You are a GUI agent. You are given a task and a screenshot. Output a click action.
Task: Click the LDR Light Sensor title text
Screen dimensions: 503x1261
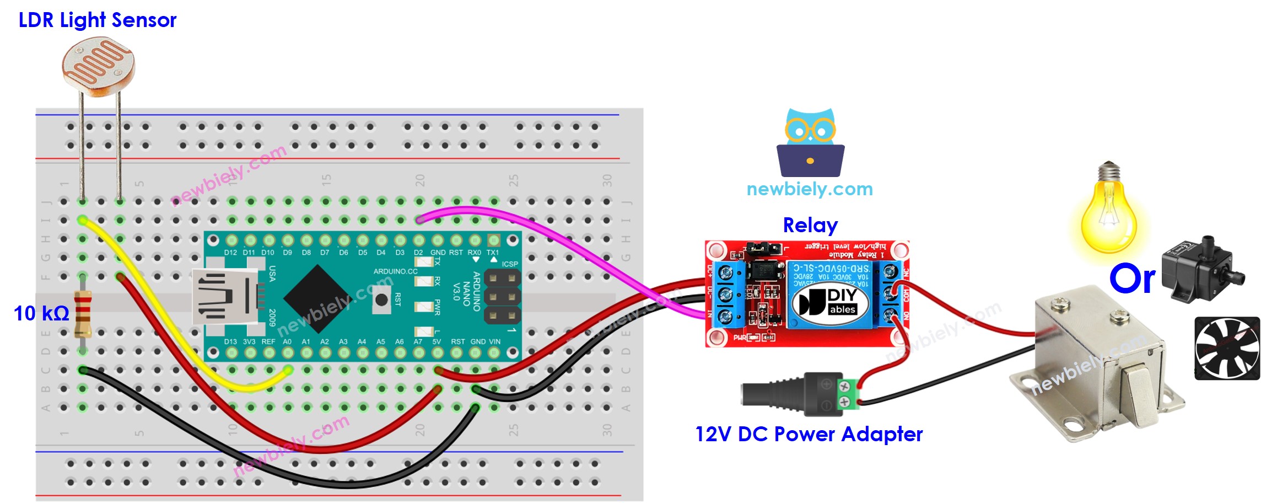tap(98, 20)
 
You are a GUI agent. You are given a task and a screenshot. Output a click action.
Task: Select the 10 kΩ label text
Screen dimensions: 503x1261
tap(41, 314)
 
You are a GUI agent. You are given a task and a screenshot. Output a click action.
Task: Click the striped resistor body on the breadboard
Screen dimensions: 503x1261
tap(83, 314)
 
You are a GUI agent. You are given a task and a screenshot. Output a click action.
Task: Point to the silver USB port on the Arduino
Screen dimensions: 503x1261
tap(223, 296)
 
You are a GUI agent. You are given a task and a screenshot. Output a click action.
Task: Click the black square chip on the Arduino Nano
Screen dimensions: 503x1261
tap(317, 298)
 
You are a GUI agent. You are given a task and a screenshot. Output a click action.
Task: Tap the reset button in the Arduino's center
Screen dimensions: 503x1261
tap(381, 300)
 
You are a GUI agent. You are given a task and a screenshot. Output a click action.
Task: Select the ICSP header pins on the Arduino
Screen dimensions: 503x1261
tap(502, 297)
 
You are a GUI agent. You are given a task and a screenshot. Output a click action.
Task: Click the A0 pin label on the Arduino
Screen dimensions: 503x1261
tap(287, 342)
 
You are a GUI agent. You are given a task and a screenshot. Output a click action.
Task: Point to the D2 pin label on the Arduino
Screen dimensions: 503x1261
tap(418, 253)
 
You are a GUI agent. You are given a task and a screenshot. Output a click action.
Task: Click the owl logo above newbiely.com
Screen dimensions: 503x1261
tap(810, 143)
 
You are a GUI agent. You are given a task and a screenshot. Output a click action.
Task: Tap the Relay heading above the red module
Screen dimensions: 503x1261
tap(810, 226)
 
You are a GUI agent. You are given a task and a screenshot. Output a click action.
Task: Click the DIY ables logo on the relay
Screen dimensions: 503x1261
tap(830, 302)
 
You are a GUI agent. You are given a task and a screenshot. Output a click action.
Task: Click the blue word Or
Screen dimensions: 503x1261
tap(1132, 279)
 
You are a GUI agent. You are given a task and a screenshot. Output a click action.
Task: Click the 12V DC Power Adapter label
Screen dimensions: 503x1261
tap(809, 435)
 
